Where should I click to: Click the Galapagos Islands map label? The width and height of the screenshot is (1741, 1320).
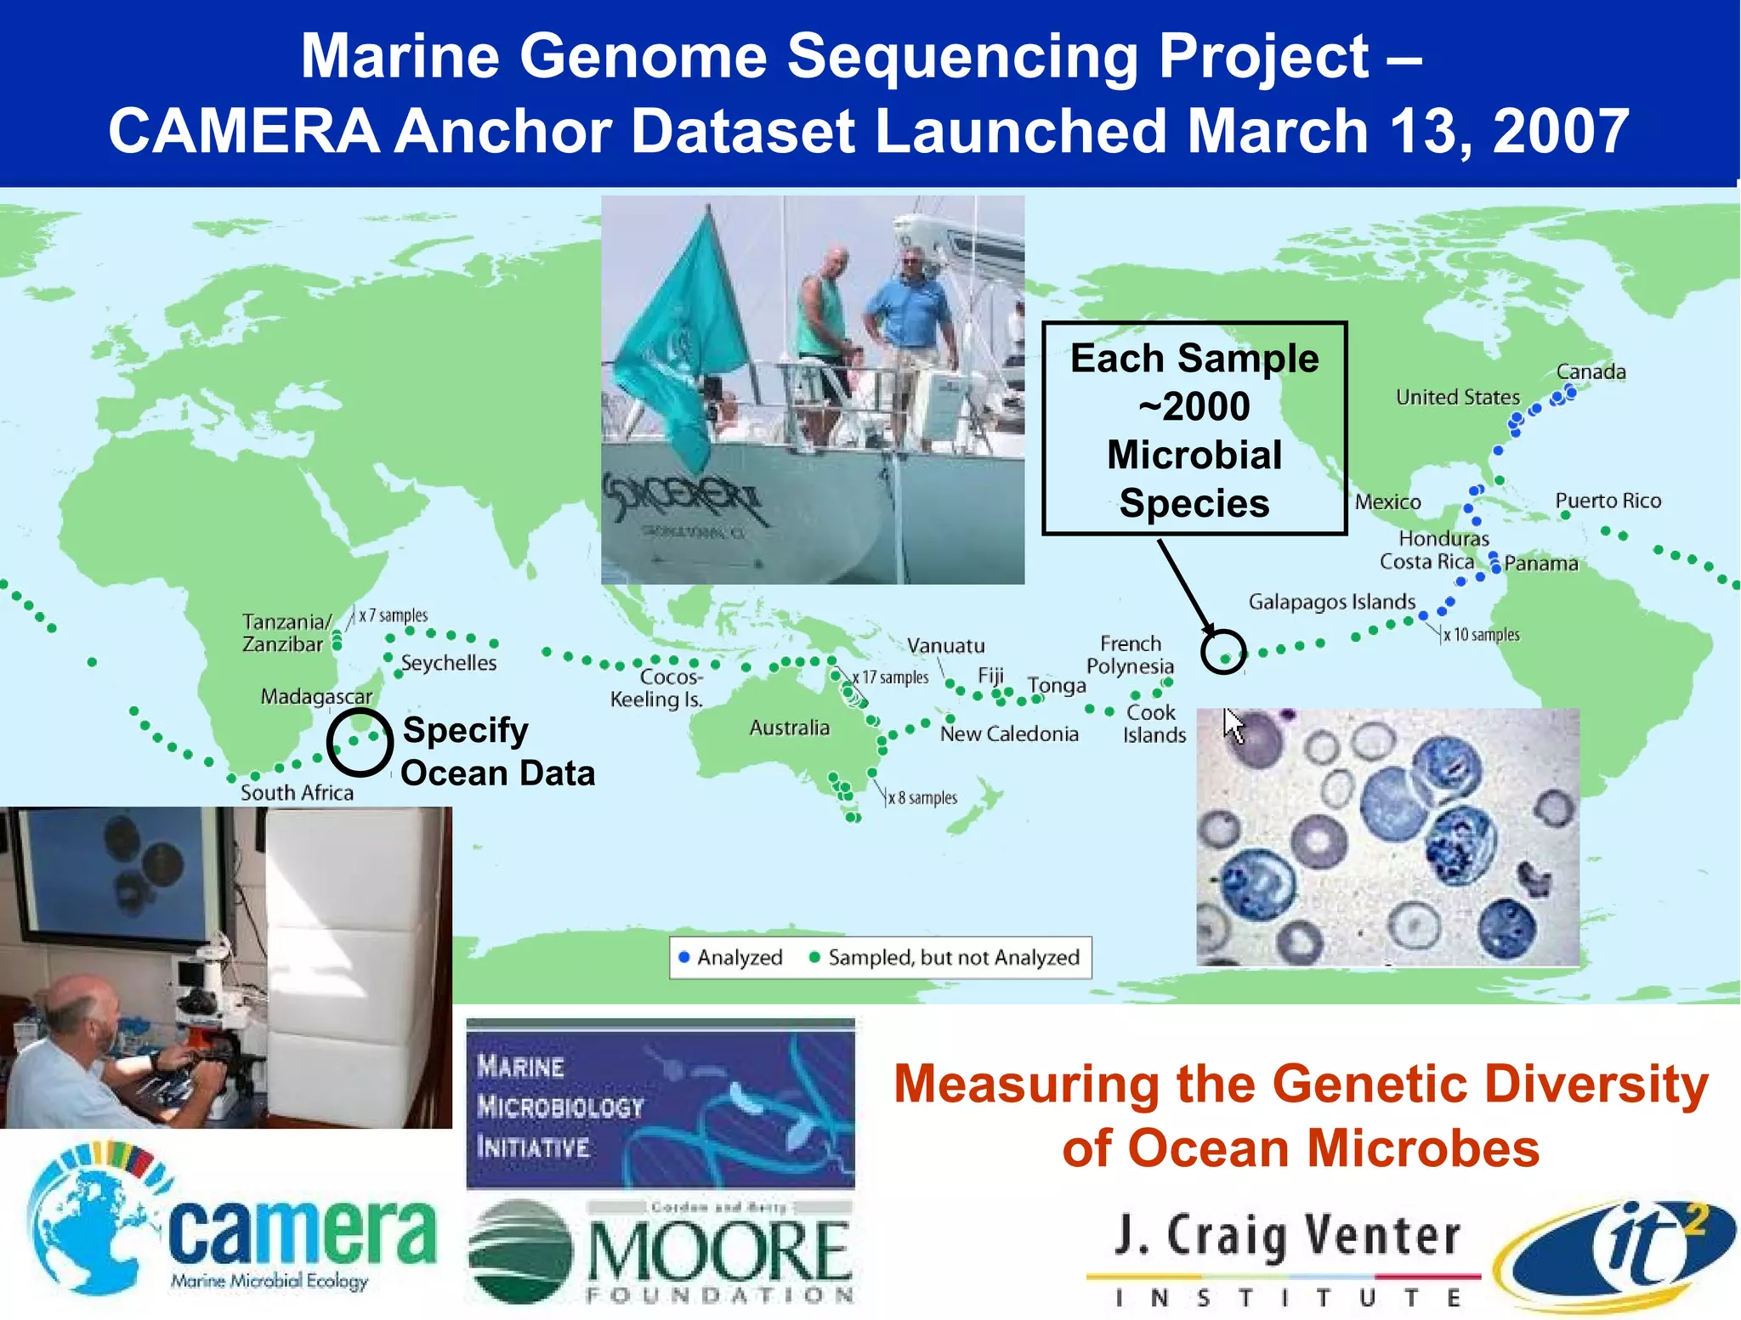point(1331,602)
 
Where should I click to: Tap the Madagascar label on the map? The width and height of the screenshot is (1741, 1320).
point(316,697)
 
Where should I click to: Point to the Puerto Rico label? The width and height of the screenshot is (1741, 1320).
point(1608,501)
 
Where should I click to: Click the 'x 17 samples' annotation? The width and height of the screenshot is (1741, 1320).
point(892,677)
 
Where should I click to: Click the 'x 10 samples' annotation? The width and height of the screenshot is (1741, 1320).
point(1481,635)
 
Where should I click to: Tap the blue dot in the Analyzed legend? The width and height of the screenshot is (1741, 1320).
point(683,958)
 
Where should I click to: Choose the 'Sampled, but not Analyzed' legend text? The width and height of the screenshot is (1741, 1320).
point(953,958)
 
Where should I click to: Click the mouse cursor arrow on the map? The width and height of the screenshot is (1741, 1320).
point(1233,725)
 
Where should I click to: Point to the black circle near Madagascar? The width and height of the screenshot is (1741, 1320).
point(360,741)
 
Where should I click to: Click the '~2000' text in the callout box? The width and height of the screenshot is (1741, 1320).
point(1194,406)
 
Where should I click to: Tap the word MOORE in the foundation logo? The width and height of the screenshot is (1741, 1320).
point(718,1251)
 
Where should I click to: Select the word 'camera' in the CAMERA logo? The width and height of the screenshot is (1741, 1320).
point(302,1232)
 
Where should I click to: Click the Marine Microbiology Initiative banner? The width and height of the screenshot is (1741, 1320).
point(660,1103)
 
